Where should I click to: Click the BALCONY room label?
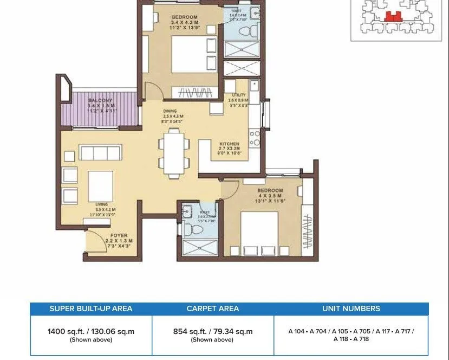pyautogui.click(x=100, y=100)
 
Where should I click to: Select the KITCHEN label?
pyautogui.click(x=229, y=144)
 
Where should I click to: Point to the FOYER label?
pyautogui.click(x=119, y=235)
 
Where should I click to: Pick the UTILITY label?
pyautogui.click(x=239, y=95)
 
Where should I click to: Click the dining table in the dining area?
pyautogui.click(x=174, y=156)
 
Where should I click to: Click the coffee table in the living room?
pyautogui.click(x=101, y=187)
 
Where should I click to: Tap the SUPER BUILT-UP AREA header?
pyautogui.click(x=91, y=308)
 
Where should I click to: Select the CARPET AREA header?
pyautogui.click(x=213, y=308)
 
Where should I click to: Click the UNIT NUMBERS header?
pyautogui.click(x=351, y=308)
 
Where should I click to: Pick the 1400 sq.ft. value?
pyautogui.click(x=91, y=331)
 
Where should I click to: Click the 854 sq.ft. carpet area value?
pyautogui.click(x=213, y=331)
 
